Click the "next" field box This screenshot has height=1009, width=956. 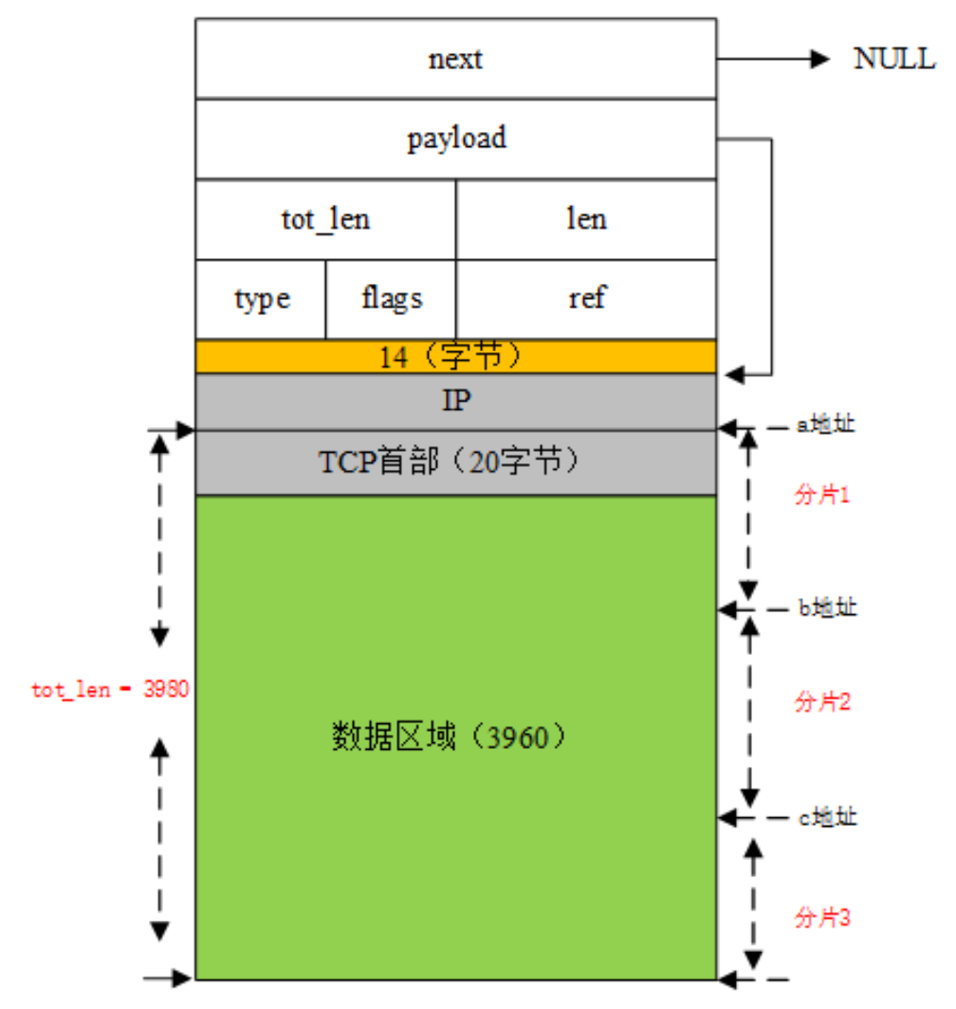(455, 59)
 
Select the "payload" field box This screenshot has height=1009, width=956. (455, 139)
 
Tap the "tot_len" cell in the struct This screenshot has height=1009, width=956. (325, 219)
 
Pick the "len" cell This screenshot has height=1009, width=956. (586, 219)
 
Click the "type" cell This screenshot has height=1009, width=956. (261, 299)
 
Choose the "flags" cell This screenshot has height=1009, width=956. (391, 299)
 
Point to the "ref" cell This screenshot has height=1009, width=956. (586, 299)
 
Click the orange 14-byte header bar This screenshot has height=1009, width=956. (455, 357)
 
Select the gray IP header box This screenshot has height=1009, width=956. (455, 401)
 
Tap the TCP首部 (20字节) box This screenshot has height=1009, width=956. (455, 462)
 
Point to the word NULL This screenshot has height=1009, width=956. (894, 59)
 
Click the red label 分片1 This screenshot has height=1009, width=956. (821, 495)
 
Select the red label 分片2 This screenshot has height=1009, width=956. (821, 702)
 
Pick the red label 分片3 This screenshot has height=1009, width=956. (821, 918)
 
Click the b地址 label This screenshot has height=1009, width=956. (827, 607)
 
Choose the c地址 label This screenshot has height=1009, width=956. (827, 815)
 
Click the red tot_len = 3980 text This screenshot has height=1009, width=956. (110, 690)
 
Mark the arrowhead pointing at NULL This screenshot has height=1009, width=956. (819, 59)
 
